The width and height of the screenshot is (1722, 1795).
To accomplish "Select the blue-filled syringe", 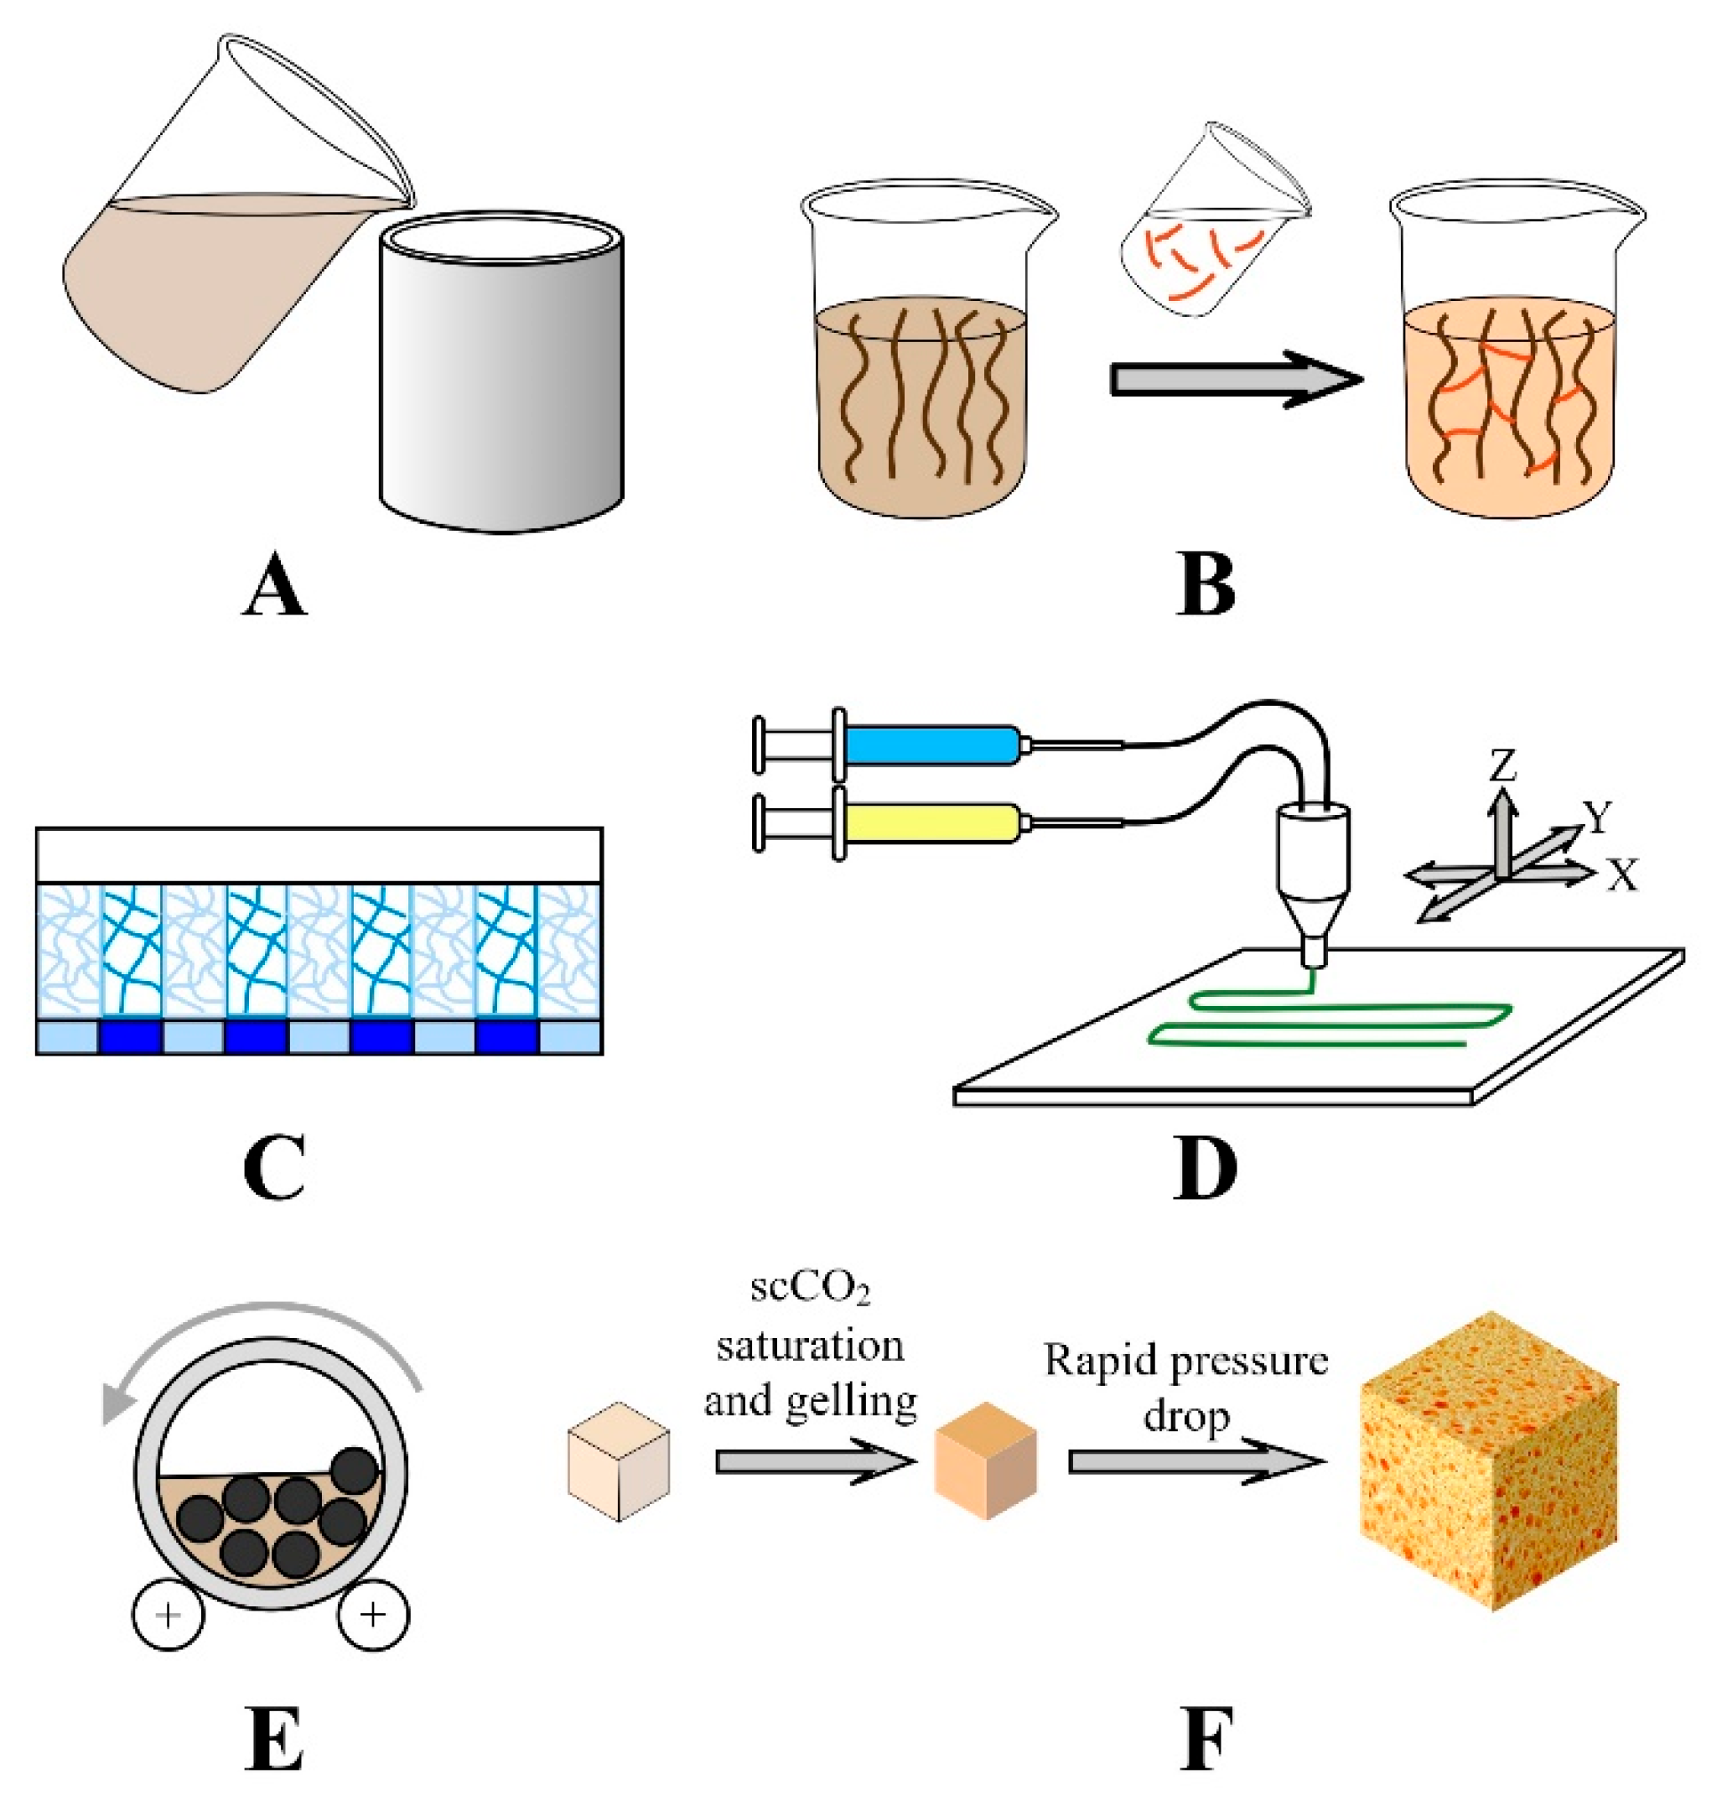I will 930,744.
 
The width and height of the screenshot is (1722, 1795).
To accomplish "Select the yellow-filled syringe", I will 930,824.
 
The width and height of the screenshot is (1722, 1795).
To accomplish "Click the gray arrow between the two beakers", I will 1232,378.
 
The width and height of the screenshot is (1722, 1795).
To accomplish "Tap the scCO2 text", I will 810,1288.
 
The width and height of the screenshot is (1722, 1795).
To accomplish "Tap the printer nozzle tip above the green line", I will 1314,957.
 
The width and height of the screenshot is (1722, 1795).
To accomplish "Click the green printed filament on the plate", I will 1328,1018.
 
